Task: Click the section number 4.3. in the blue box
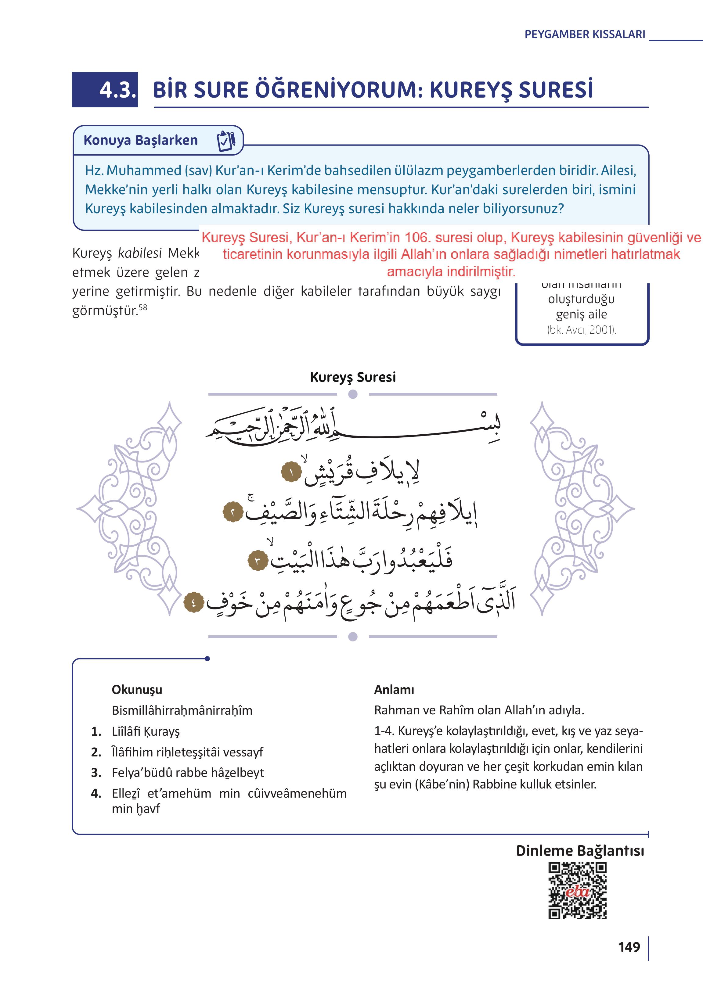[117, 90]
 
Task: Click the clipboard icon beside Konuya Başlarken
[226, 141]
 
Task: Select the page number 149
[629, 947]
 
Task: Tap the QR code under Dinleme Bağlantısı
[578, 891]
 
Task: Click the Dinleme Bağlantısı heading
[580, 851]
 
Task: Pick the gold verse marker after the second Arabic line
[233, 513]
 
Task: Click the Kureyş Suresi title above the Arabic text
[353, 377]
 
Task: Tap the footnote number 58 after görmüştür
[143, 307]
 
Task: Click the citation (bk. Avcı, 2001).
[581, 330]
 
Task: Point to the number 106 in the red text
[417, 238]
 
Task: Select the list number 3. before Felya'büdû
[96, 773]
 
